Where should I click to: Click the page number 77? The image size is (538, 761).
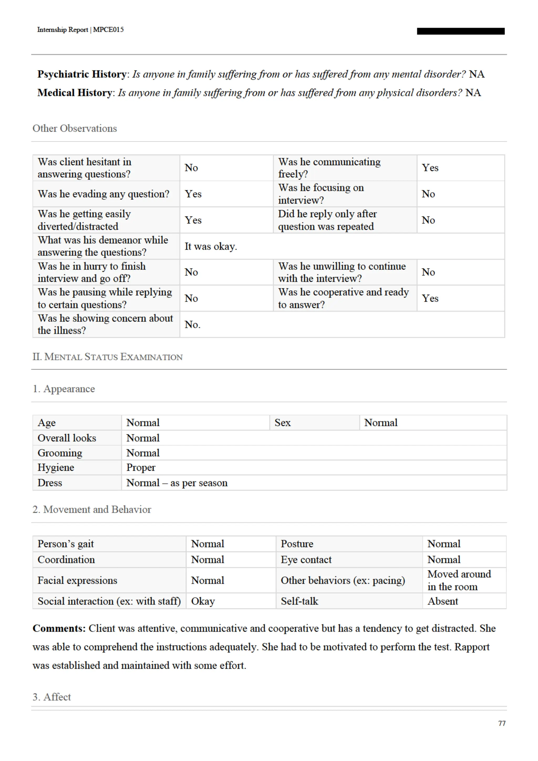(501, 723)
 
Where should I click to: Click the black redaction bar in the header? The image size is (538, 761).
(461, 31)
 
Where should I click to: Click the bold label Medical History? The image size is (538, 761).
(75, 92)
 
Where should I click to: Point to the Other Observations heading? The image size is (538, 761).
(75, 128)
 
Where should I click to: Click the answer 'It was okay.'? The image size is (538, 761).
(211, 246)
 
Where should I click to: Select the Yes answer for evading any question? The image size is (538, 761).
(193, 194)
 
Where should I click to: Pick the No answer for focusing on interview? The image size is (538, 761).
(428, 194)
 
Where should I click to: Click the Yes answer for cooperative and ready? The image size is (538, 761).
(430, 298)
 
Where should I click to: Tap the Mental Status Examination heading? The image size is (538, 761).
(107, 357)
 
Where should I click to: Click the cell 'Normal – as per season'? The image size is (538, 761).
(177, 483)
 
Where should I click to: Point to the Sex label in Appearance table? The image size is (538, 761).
(282, 423)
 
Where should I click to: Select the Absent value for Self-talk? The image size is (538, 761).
(443, 601)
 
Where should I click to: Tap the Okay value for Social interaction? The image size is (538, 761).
(203, 601)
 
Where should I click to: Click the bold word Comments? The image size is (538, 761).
(59, 628)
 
